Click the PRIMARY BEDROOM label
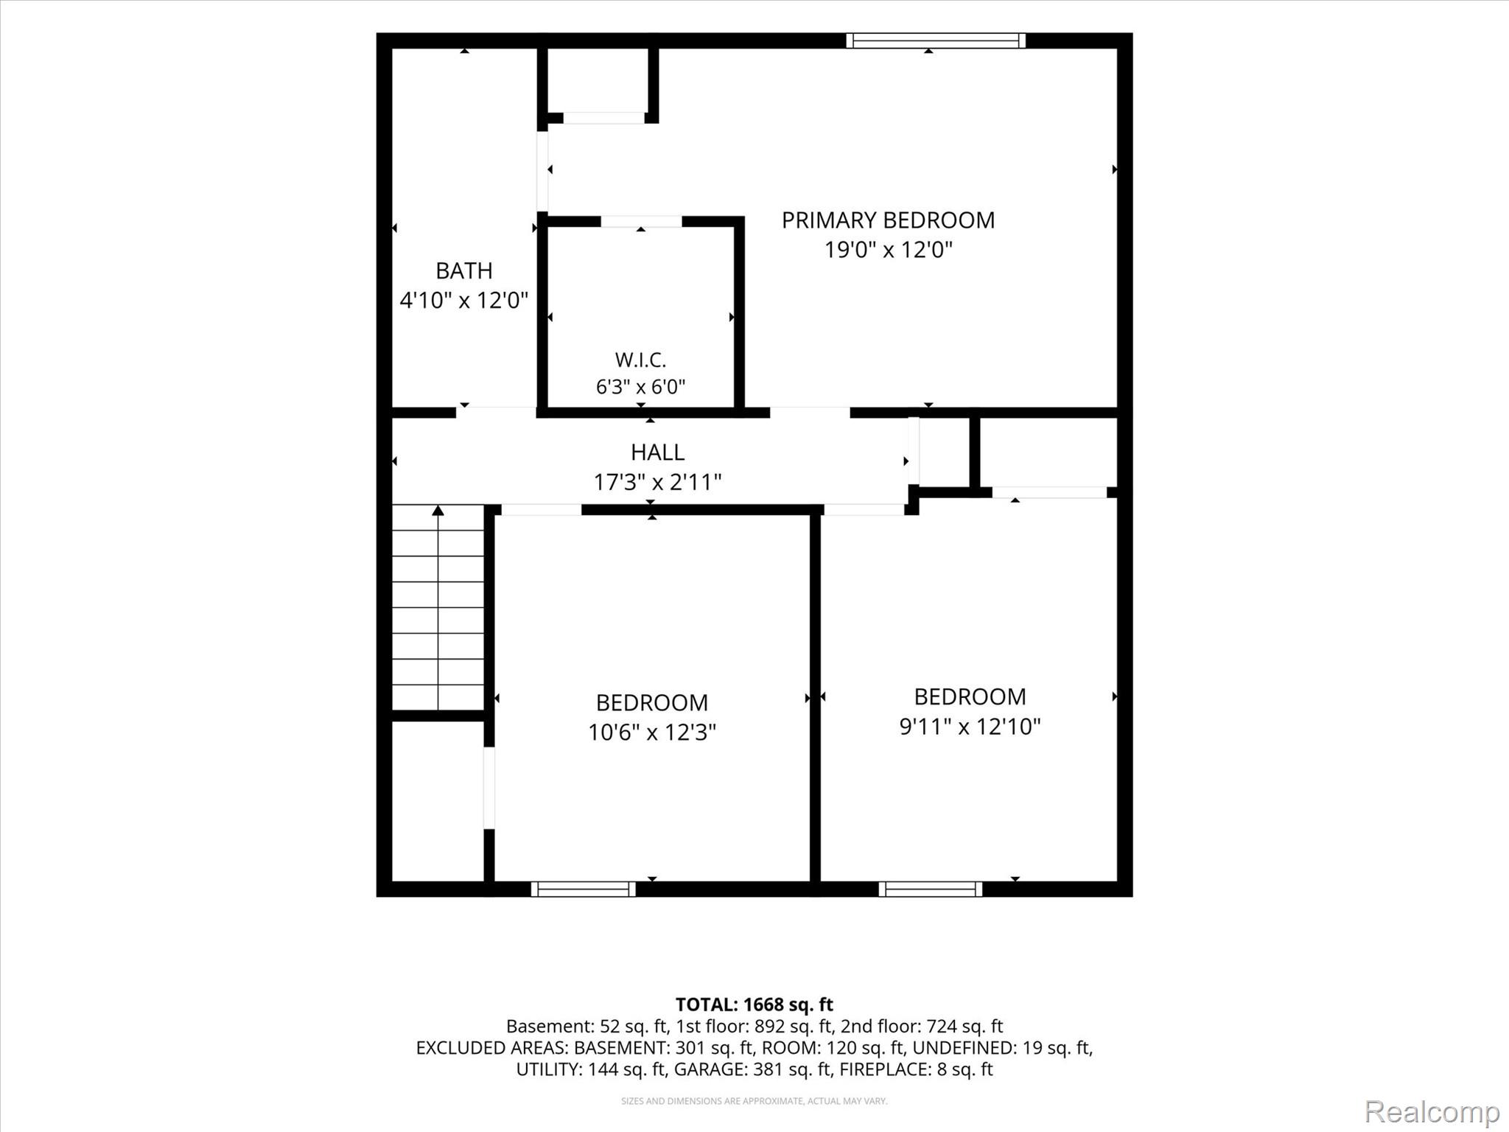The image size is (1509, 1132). click(888, 220)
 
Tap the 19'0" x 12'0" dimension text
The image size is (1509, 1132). click(888, 250)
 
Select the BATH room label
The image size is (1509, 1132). click(464, 270)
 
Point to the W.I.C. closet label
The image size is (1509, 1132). click(640, 360)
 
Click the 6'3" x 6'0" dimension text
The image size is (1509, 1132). click(640, 386)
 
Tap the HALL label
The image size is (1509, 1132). click(657, 452)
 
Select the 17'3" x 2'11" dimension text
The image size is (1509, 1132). click(657, 482)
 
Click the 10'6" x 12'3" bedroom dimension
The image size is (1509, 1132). click(652, 733)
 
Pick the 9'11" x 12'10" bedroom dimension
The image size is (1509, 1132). click(970, 727)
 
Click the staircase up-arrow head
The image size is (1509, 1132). click(438, 510)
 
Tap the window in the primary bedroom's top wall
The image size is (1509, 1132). click(936, 41)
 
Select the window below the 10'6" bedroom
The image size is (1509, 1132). click(583, 889)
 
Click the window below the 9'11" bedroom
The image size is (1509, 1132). click(930, 889)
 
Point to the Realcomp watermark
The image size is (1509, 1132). click(1432, 1111)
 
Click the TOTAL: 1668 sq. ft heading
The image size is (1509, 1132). click(754, 1005)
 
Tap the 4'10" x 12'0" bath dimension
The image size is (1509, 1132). click(464, 301)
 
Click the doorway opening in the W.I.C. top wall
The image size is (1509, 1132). click(641, 222)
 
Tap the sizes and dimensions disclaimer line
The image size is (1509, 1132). click(754, 1101)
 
